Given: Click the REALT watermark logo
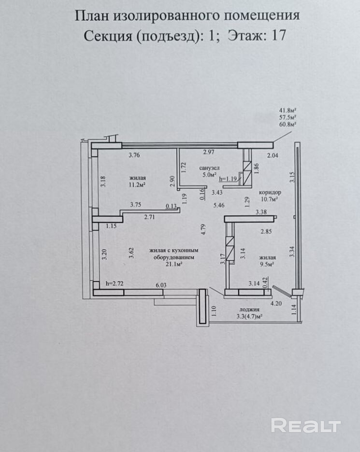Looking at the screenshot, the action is click(x=306, y=425).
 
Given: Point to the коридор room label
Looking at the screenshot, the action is click(x=270, y=192).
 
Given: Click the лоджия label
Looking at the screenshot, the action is click(x=249, y=310).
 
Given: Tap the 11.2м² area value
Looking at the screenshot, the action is click(x=137, y=184).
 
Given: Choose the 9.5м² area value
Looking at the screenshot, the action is click(x=267, y=264).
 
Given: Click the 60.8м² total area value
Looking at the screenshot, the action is click(x=288, y=124).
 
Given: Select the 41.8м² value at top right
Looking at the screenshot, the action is click(x=288, y=110).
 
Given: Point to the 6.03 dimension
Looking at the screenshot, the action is click(x=161, y=285).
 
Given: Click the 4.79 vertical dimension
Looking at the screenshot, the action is click(x=204, y=228).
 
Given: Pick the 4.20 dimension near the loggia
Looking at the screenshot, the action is click(x=275, y=304).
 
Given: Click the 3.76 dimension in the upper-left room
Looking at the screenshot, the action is click(x=134, y=155).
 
